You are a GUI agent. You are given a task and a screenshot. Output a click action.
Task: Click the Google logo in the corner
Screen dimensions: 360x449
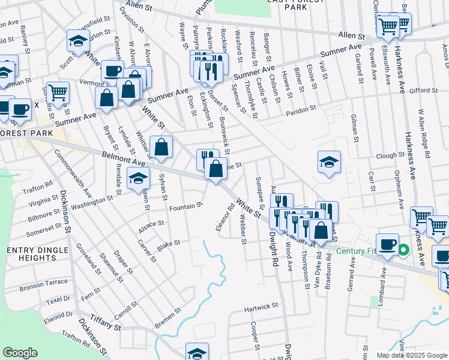[20, 353]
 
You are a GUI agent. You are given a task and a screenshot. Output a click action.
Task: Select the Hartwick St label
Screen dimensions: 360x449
[261, 306]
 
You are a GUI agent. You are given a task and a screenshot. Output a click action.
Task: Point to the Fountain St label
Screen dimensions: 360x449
[185, 207]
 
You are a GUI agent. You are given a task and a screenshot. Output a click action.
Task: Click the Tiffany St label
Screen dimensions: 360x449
[106, 323]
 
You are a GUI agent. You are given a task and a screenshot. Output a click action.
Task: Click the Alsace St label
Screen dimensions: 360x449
[151, 224]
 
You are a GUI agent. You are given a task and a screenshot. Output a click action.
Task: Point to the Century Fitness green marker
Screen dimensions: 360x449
[404, 250]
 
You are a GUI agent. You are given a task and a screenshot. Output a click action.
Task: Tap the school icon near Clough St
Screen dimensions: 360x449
[328, 163]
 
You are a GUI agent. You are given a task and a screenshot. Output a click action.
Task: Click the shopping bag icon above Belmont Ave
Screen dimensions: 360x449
[161, 147]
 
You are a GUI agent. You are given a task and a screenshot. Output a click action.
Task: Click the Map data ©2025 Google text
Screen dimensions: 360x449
[411, 355]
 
